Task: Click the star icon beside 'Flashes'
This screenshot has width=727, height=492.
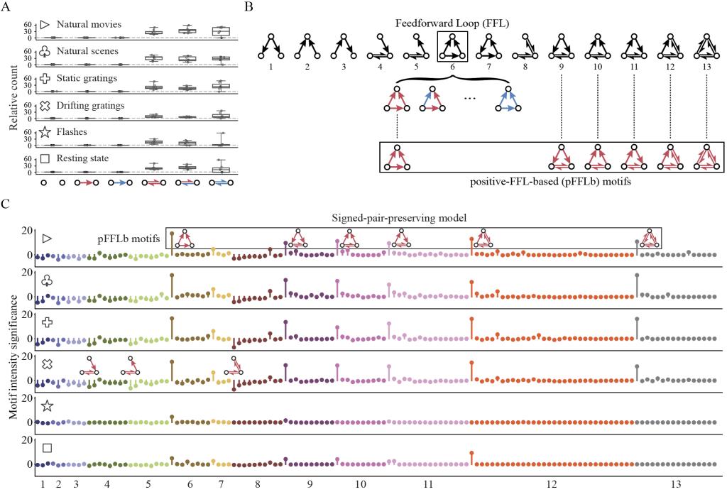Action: coord(45,131)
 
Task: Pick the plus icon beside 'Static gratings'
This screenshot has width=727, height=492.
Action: coord(45,78)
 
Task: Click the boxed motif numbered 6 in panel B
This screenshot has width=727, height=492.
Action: coord(452,47)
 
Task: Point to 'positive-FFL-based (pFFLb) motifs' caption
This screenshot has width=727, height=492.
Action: coord(552,181)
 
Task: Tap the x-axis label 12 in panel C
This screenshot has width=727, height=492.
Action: coord(552,483)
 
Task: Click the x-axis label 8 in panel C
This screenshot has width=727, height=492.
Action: coord(257,483)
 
